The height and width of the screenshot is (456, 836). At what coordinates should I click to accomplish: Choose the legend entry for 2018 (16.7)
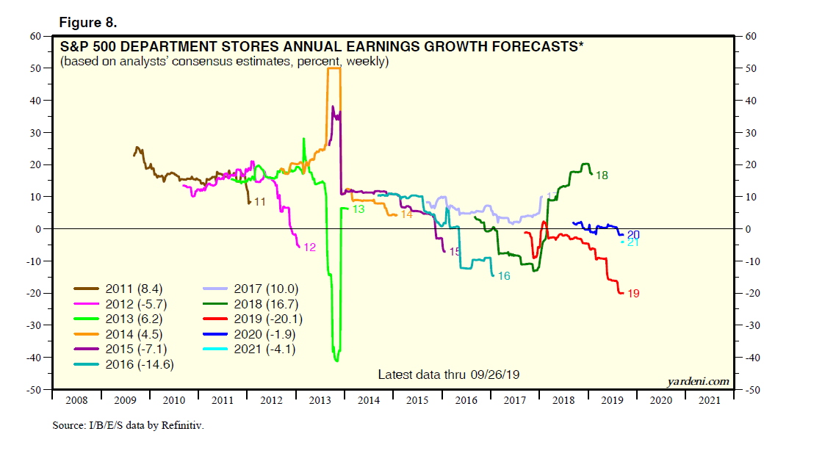click(x=266, y=304)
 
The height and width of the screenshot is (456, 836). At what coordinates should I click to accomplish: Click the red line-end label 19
click(x=633, y=294)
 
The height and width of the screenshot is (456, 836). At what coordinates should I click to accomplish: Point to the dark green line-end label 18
click(x=602, y=175)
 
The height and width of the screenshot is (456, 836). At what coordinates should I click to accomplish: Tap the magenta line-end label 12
click(x=309, y=247)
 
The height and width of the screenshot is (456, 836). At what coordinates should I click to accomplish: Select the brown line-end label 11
click(x=259, y=201)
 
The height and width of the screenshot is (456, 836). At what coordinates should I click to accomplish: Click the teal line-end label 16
click(x=503, y=276)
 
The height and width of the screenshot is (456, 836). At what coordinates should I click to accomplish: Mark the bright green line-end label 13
click(x=358, y=209)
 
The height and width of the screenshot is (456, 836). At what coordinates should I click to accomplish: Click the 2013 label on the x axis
click(x=320, y=400)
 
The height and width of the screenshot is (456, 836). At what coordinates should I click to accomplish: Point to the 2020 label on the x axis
click(x=661, y=400)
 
